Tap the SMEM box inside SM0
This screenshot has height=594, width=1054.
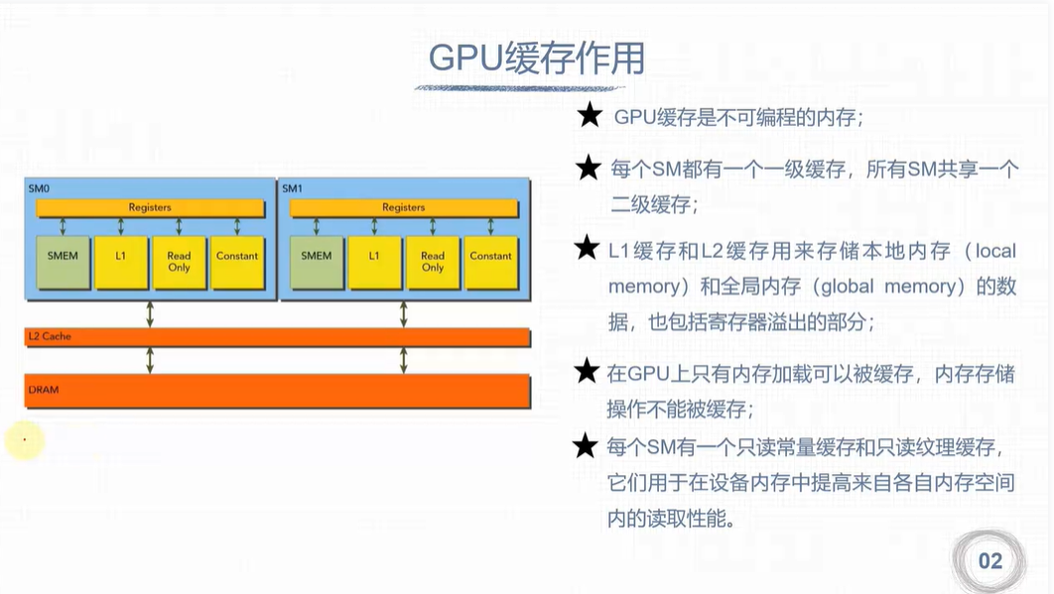point(64,262)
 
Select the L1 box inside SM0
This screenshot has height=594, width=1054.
point(121,262)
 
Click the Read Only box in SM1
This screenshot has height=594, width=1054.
point(433,262)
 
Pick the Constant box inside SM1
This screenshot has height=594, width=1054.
point(490,262)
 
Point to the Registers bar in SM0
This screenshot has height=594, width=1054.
point(150,207)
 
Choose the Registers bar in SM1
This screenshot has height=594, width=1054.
point(404,207)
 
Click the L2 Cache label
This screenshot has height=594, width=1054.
point(50,337)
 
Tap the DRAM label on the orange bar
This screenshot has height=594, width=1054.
point(44,390)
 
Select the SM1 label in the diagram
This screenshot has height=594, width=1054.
point(292,187)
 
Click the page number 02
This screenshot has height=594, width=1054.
point(989,561)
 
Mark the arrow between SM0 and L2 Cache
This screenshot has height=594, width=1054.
point(150,313)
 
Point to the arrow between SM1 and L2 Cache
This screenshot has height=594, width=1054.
point(404,313)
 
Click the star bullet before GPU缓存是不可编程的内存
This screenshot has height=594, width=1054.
point(590,117)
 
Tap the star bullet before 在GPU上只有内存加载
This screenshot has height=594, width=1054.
point(588,373)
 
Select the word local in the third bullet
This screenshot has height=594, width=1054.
point(995,251)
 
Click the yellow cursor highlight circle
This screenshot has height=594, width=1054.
point(25,439)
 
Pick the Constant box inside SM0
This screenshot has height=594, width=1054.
point(236,262)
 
